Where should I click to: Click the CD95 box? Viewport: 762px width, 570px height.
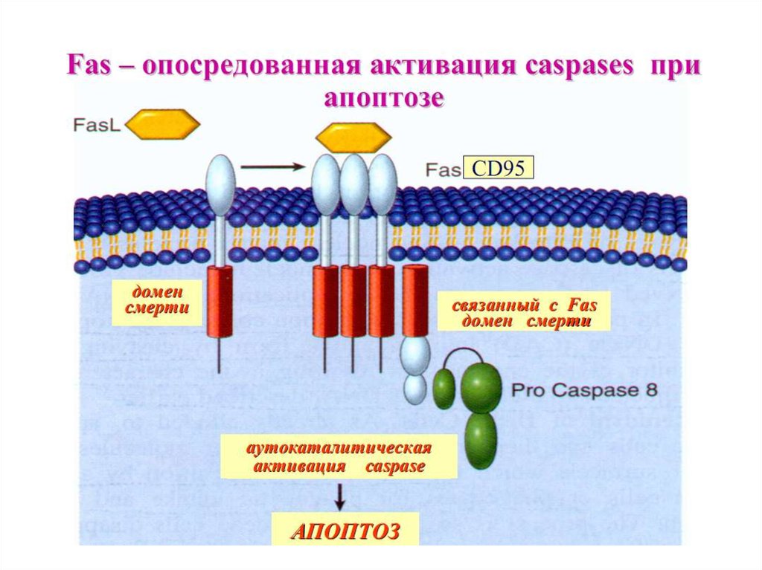(498, 168)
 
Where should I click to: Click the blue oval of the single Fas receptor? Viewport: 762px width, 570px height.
(221, 185)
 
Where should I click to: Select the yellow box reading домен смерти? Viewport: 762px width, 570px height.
(157, 302)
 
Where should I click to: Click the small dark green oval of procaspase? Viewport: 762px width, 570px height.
(444, 389)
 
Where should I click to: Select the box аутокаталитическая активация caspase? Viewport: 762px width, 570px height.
(339, 457)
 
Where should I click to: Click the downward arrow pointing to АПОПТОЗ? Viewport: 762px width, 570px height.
(339, 497)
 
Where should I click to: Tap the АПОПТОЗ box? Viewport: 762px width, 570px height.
(345, 531)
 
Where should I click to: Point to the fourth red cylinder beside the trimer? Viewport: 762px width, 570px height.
(414, 299)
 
